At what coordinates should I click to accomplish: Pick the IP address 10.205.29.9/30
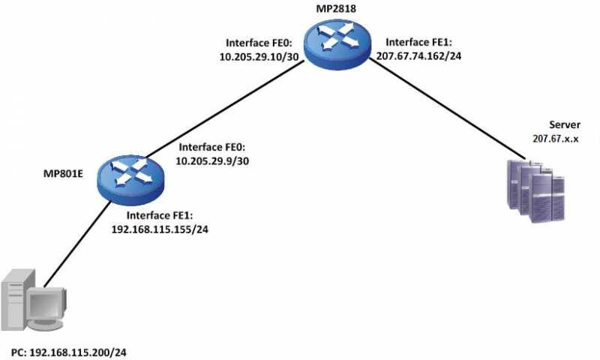click(211, 161)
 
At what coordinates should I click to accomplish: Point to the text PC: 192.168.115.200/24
click(75, 351)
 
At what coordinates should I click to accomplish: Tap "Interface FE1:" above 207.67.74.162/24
click(420, 42)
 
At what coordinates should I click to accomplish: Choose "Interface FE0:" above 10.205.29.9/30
click(211, 148)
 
